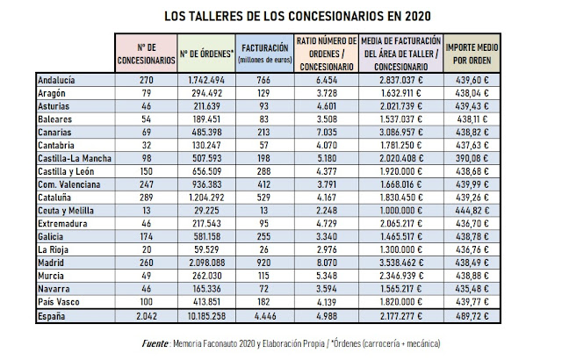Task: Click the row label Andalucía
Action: (x=57, y=78)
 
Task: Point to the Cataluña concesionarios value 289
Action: (x=145, y=198)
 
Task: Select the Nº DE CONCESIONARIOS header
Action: (x=145, y=52)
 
